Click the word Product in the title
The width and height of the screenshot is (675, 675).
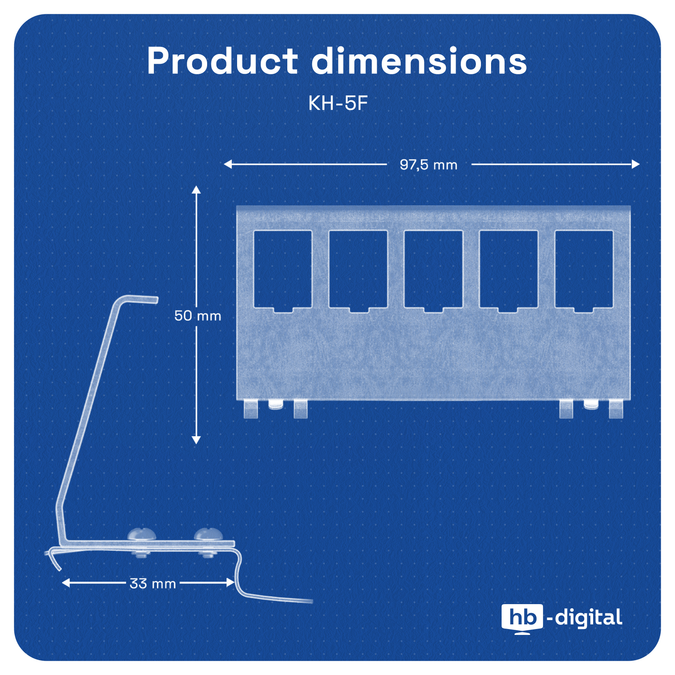(x=222, y=61)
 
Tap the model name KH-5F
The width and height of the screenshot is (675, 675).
(x=338, y=103)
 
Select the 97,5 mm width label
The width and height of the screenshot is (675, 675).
(x=428, y=165)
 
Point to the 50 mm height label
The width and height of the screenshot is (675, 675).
(x=197, y=316)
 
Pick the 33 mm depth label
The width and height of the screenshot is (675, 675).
(x=152, y=583)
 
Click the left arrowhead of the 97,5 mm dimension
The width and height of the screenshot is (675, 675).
(x=228, y=164)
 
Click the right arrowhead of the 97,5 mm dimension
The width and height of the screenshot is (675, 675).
(x=635, y=164)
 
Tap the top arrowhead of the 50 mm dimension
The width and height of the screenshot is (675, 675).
(x=196, y=189)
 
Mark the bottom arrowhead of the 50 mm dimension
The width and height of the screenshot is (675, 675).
(x=196, y=440)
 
